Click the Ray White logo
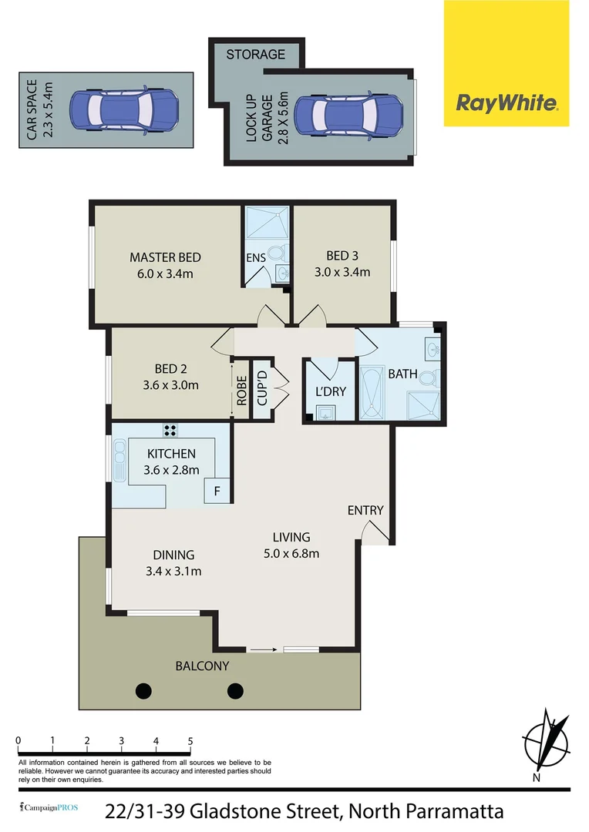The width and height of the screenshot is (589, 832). pyautogui.click(x=507, y=102)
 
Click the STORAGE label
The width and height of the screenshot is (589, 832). pyautogui.click(x=255, y=55)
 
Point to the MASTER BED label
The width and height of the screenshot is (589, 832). pyautogui.click(x=165, y=257)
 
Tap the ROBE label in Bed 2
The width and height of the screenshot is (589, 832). pyautogui.click(x=241, y=391)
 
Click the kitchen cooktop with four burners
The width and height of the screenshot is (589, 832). pyautogui.click(x=170, y=431)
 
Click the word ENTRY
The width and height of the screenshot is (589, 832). pyautogui.click(x=365, y=510)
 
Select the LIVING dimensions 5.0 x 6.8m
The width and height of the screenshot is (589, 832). pyautogui.click(x=291, y=553)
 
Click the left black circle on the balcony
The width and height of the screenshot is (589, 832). pyautogui.click(x=143, y=689)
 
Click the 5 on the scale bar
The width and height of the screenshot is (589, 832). pyautogui.click(x=190, y=741)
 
